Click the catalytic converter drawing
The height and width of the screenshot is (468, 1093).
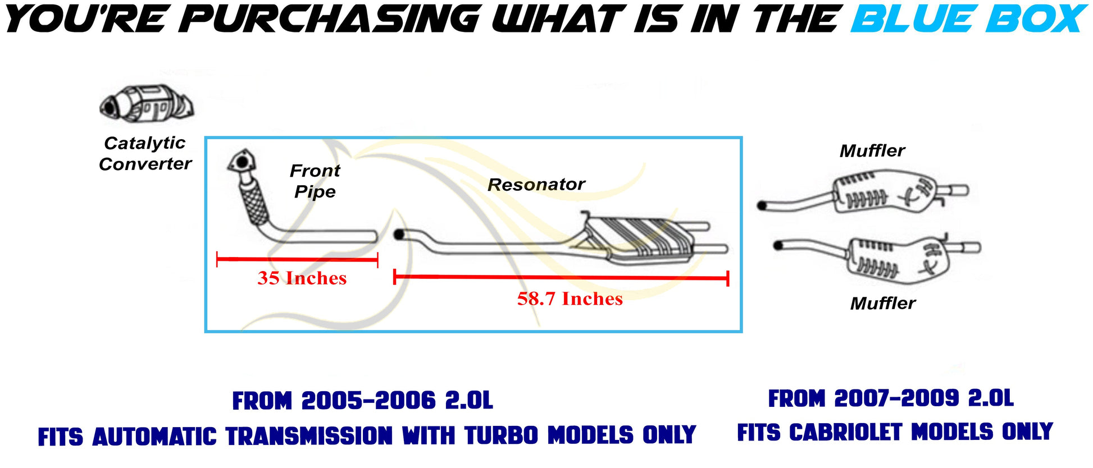[147, 104]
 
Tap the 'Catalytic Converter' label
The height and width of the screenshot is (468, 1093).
[145, 153]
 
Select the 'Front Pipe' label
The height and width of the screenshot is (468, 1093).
[315, 181]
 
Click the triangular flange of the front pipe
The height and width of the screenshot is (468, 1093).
[241, 162]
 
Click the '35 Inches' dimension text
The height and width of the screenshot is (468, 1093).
[302, 278]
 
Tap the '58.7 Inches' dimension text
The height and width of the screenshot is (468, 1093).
[570, 299]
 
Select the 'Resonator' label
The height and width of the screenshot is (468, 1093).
[536, 185]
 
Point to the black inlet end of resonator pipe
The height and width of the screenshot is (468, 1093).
[399, 235]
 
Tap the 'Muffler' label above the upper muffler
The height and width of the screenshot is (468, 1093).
[872, 151]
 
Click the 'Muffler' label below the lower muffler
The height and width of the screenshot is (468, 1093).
[882, 304]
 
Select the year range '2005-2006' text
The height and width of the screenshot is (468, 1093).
[368, 401]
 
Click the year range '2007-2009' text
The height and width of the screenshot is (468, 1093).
[896, 398]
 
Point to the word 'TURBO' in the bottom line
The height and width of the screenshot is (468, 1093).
[501, 435]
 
